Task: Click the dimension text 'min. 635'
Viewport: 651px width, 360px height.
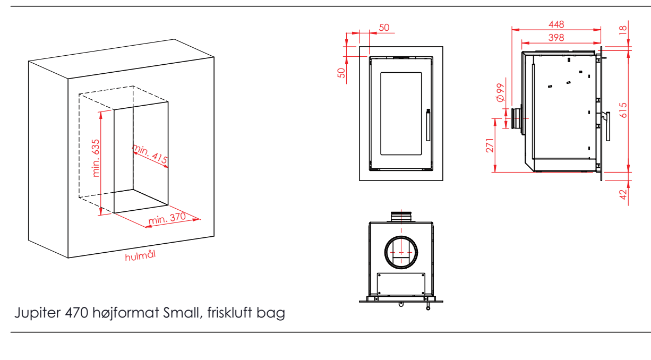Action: click(x=96, y=158)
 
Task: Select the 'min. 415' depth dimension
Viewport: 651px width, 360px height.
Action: click(x=150, y=155)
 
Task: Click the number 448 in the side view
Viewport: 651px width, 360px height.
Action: click(x=556, y=24)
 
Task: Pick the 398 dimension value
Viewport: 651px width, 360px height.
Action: click(x=556, y=37)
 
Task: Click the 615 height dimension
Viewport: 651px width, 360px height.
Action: click(x=623, y=110)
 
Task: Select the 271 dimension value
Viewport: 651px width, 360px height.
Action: click(x=490, y=145)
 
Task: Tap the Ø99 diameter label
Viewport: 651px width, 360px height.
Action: click(x=499, y=92)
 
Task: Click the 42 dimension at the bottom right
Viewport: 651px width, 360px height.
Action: click(x=624, y=194)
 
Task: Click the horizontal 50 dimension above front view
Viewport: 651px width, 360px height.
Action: click(x=384, y=28)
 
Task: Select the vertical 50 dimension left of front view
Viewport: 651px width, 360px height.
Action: click(x=342, y=72)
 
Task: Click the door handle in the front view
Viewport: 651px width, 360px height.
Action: click(x=427, y=125)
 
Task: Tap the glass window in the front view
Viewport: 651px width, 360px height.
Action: click(x=401, y=113)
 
